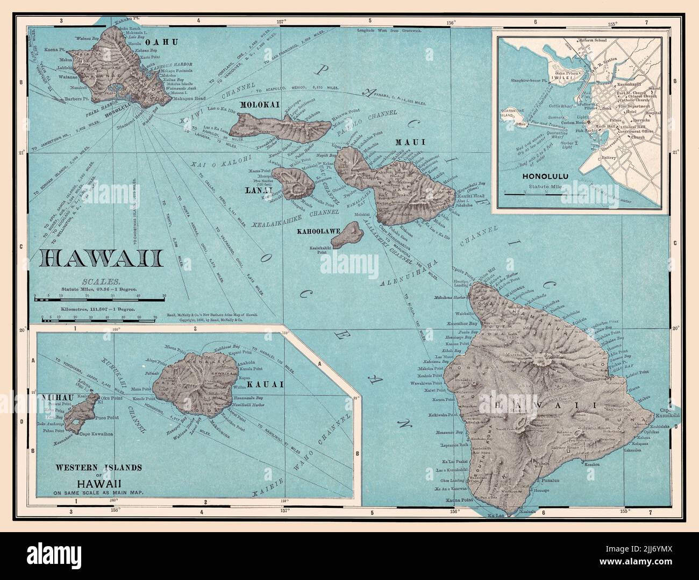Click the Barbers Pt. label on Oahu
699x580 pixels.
click(x=76, y=98)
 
